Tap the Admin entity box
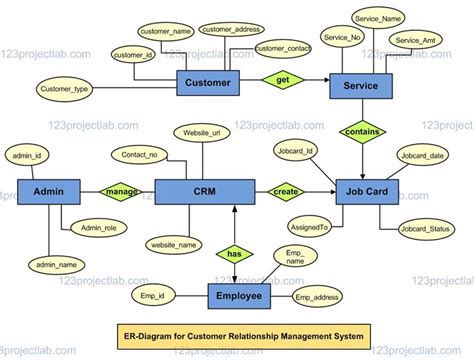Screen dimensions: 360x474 (x=48, y=192)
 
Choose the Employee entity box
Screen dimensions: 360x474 (x=239, y=297)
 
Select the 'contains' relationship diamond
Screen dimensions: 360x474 (x=362, y=132)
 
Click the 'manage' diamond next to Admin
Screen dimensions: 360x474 (x=122, y=191)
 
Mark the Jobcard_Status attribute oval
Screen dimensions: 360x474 (x=424, y=231)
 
